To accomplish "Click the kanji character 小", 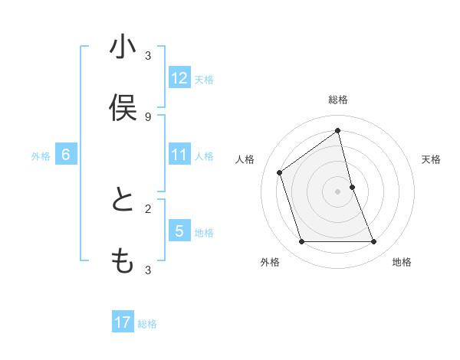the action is coord(122,47).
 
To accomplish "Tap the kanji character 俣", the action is coord(122,108).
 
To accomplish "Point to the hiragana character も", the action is coord(122,261).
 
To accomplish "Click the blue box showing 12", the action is coord(179,77).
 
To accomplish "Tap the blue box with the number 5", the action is coord(179,231).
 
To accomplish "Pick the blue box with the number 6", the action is coord(66,155).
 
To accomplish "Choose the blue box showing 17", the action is coord(123,322).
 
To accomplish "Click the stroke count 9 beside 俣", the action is coord(148,116).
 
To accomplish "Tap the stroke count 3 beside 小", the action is coord(148,55).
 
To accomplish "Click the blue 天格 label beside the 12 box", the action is coord(204,79).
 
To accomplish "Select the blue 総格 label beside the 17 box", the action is coord(147,324).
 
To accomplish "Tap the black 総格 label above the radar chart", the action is coord(338,100).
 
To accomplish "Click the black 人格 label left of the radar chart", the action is coord(245,159).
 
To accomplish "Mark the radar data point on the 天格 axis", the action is coord(352,187).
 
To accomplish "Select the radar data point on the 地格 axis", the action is coord(374,242).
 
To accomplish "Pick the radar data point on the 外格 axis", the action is coord(301,242).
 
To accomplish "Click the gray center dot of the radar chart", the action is coord(338,191).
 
